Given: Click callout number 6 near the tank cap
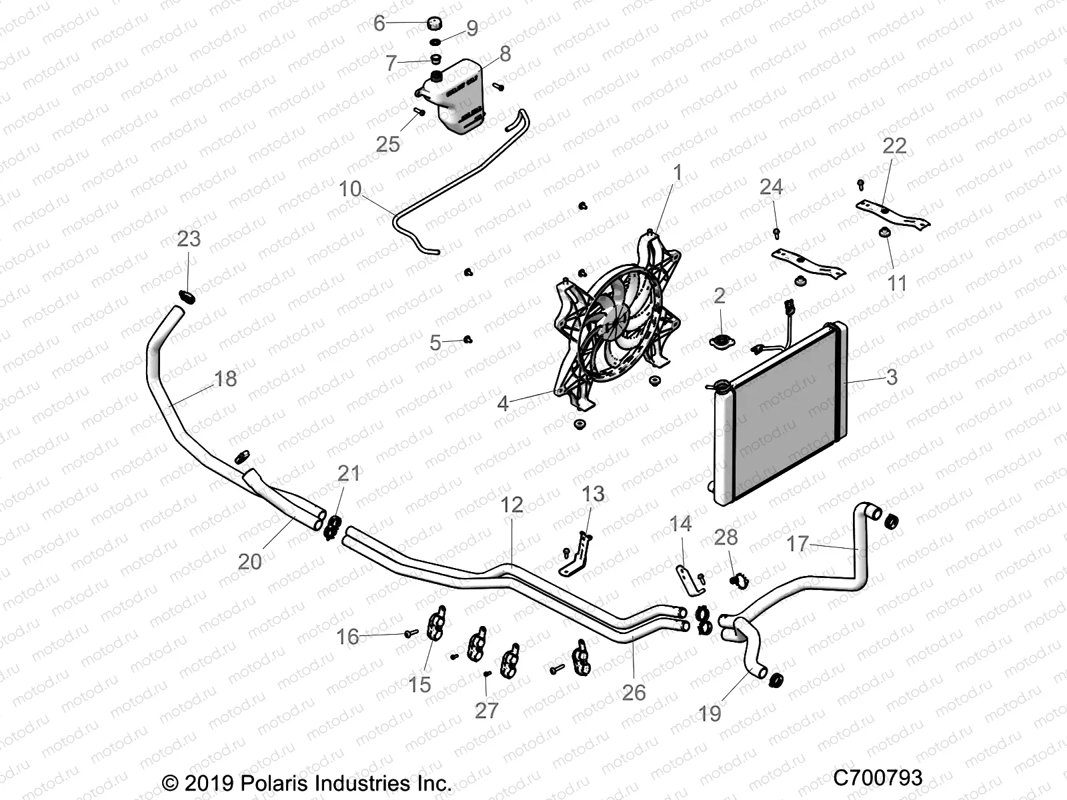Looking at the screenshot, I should pos(379,24).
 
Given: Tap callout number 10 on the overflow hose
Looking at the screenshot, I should pos(350,189).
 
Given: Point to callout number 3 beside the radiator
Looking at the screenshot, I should pos(892,377).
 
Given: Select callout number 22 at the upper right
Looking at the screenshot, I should pos(894,146).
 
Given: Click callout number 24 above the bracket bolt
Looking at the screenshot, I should pos(771,187).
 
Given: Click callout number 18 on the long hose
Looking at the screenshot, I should pos(225,379).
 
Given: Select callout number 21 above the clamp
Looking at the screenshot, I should pos(348,473).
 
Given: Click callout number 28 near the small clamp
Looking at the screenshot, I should pos(726,537).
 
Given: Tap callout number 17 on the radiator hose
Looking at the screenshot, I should pos(798,544).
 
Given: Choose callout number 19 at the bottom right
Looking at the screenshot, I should pos(710,713).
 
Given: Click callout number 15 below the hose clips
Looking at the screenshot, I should pos(419,684).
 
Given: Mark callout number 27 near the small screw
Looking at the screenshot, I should pos(486,711).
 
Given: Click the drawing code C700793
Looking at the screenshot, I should pos(878,777).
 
